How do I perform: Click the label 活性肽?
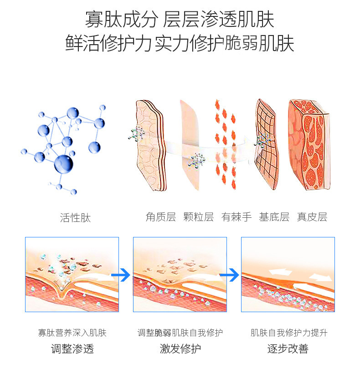tap(76, 218)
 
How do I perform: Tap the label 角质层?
tap(161, 216)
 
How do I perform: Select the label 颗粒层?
tap(199, 216)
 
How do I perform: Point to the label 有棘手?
tap(237, 216)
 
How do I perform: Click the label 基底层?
tap(274, 216)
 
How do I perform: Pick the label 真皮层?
tap(312, 216)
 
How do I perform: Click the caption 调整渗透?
tap(72, 349)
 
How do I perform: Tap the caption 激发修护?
tap(180, 349)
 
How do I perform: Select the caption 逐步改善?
tap(288, 349)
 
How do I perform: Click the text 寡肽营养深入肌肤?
tap(72, 333)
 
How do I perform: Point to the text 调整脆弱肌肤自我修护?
tap(180, 333)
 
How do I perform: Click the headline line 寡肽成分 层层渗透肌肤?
tap(180, 20)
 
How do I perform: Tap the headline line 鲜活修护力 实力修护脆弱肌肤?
tap(180, 43)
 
